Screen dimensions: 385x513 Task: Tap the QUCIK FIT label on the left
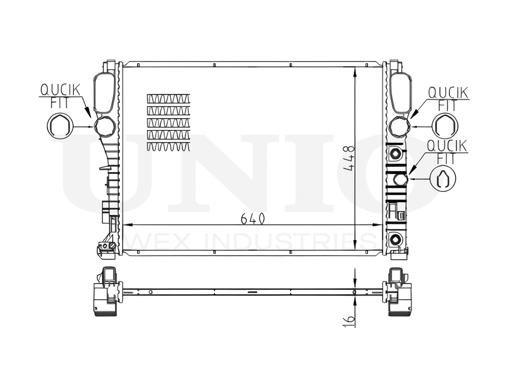click(x=61, y=95)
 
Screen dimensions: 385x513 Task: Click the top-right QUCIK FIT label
click(x=447, y=98)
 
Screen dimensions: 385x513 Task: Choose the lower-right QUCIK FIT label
click(x=448, y=152)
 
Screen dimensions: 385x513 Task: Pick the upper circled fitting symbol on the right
click(x=444, y=126)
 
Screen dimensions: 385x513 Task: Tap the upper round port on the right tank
click(x=399, y=126)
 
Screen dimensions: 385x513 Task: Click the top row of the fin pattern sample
click(x=168, y=98)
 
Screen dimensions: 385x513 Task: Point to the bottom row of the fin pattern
click(x=168, y=147)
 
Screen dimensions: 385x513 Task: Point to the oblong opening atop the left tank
click(x=105, y=92)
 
